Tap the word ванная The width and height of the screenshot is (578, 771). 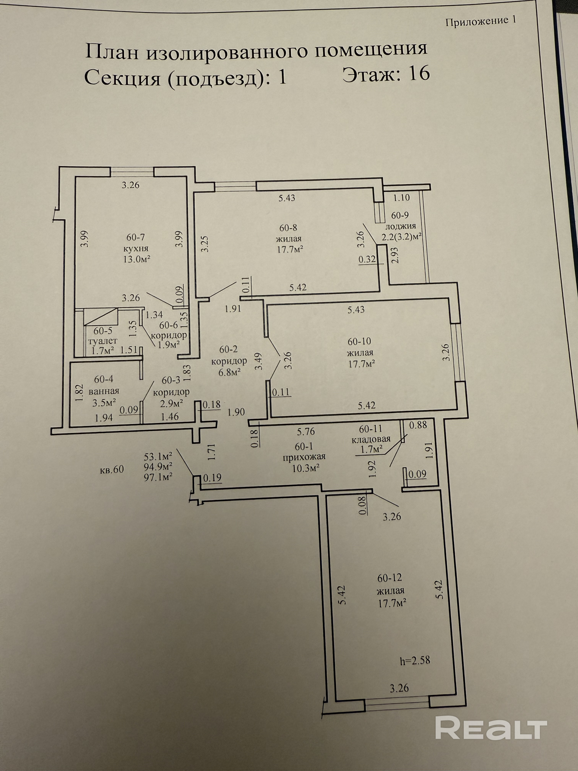click(104, 391)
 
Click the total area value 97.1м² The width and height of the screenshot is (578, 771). click(158, 477)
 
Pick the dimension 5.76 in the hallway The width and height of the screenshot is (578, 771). click(306, 432)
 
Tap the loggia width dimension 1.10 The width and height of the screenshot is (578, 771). click(401, 198)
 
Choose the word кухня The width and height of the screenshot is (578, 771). click(136, 249)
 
